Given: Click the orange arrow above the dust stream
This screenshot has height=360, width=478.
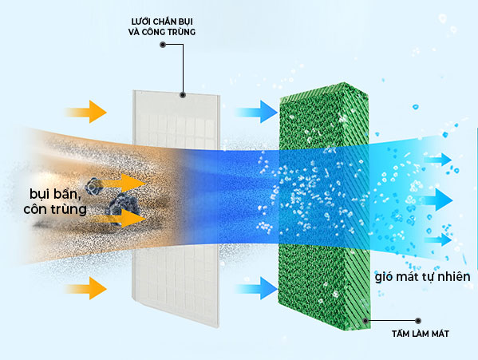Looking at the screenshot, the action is click(86, 112).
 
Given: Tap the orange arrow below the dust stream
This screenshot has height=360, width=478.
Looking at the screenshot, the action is click(86, 288).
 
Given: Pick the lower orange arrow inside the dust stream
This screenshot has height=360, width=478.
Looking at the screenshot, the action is click(122, 218).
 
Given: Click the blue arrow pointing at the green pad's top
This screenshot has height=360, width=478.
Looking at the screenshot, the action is click(257, 112).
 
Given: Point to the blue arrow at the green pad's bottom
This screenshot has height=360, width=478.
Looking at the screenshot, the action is click(257, 288).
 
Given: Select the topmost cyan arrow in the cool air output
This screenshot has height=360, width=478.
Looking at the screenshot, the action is click(438, 160).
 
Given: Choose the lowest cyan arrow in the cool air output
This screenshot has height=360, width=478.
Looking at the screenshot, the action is click(438, 239).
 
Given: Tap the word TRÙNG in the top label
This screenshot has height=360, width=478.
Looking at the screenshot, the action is click(181, 32).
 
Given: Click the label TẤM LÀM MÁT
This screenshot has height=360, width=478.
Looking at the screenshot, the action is click(421, 334).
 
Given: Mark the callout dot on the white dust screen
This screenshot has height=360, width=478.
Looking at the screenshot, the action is click(183, 95).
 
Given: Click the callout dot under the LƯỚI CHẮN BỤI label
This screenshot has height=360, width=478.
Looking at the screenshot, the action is click(163, 45).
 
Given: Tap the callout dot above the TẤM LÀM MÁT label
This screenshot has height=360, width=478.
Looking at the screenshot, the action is click(418, 321).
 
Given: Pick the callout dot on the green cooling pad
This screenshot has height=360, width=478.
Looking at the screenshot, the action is click(365, 321).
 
